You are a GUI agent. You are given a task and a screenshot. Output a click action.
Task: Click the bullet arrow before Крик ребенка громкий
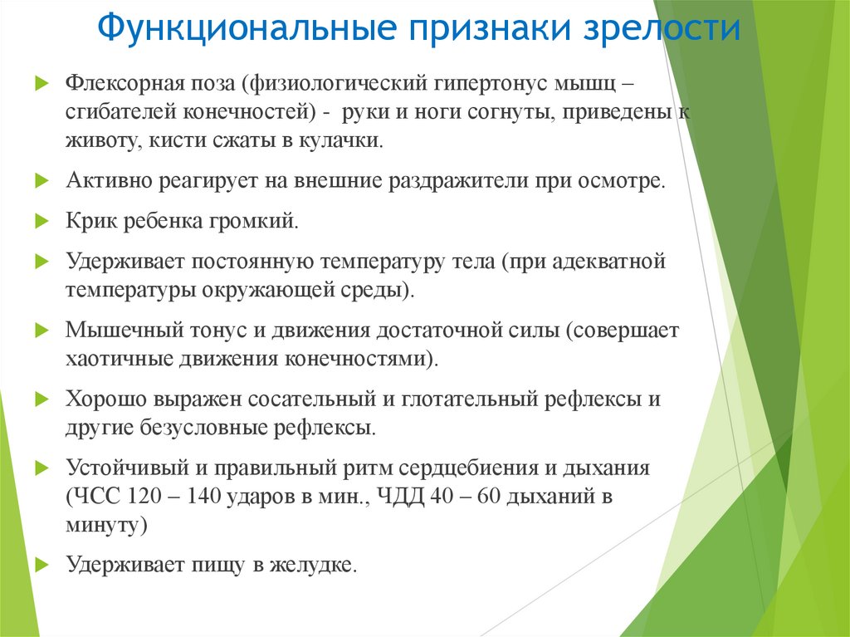click(42, 222)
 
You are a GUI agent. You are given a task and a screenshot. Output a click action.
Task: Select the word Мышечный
click(115, 329)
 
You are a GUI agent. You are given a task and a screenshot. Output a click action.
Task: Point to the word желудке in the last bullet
click(318, 566)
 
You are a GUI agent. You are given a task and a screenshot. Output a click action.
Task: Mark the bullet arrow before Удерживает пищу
click(42, 566)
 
